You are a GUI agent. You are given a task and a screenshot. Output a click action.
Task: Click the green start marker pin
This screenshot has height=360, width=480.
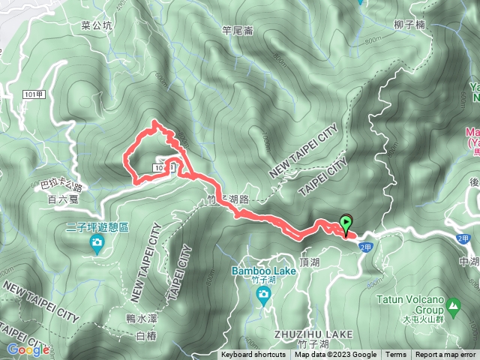(x=346, y=223)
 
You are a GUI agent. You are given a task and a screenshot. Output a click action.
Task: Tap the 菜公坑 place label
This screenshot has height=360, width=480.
(x=96, y=25)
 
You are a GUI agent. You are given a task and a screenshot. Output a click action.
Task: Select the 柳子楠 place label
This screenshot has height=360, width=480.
(x=409, y=25)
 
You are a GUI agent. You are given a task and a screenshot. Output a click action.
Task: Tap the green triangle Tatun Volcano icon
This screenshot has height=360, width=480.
(x=453, y=305)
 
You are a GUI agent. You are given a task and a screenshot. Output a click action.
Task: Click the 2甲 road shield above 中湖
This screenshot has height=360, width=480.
(x=463, y=238)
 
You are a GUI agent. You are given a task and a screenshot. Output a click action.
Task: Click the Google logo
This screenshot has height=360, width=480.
(x=27, y=349)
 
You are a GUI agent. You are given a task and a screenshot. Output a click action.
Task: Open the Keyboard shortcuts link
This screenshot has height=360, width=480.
(x=253, y=355)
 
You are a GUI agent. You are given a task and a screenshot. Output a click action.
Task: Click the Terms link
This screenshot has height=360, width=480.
(x=396, y=355)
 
